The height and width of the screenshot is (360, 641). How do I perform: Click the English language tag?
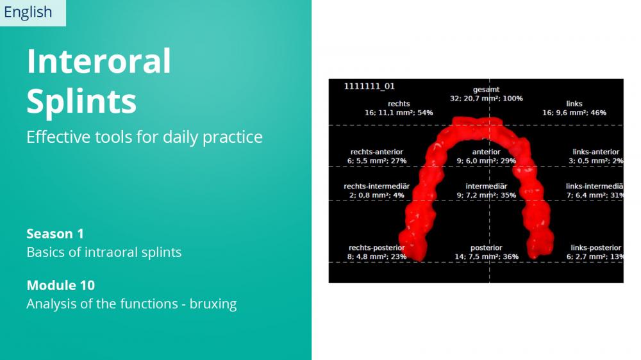(x=28, y=12)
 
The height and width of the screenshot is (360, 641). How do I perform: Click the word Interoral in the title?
(x=99, y=61)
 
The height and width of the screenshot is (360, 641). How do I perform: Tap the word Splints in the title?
(x=81, y=101)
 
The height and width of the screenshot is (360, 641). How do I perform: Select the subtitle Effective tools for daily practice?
(x=144, y=137)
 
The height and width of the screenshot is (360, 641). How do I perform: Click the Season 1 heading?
(x=55, y=234)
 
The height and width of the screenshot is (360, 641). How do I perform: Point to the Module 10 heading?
(x=60, y=285)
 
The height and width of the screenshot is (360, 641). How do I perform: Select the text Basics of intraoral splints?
(x=104, y=252)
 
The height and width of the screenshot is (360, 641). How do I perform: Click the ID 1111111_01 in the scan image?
(x=369, y=86)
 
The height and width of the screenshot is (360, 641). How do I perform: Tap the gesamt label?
(x=486, y=90)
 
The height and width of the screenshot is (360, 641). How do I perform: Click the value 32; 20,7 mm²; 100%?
(x=486, y=99)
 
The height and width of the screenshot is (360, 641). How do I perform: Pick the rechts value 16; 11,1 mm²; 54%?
(x=399, y=113)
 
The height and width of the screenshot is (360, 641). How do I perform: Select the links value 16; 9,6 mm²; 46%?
(x=574, y=113)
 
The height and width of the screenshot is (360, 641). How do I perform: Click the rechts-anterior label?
(x=376, y=152)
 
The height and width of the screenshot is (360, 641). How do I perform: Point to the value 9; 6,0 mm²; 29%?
(x=486, y=161)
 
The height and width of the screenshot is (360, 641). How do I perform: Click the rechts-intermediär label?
(x=376, y=186)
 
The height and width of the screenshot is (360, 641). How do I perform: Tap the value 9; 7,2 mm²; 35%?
(x=486, y=195)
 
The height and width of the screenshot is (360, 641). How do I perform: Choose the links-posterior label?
(x=595, y=248)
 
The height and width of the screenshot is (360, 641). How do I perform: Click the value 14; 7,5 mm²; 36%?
(x=487, y=257)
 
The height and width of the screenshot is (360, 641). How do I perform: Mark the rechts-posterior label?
(x=376, y=248)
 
